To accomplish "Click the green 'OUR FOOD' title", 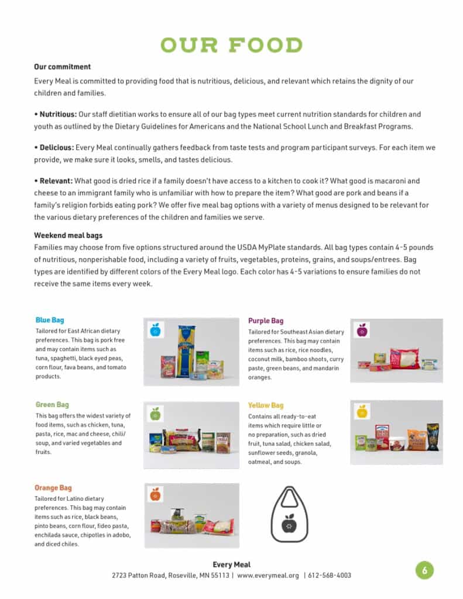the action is (x=232, y=45).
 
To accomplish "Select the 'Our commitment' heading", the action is (x=62, y=67).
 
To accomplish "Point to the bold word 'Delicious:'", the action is (x=57, y=147).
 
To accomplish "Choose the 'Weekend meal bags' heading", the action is (x=68, y=235).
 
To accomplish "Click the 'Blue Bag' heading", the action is (x=50, y=321).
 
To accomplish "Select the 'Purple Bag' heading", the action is (x=266, y=321).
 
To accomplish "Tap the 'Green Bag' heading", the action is (x=52, y=405).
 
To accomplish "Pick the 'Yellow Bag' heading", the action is (x=266, y=405).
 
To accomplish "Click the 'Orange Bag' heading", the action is (x=53, y=488).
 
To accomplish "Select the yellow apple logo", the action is (x=362, y=411).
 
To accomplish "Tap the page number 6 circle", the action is (x=424, y=570).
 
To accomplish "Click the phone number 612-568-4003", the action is (x=330, y=576).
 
